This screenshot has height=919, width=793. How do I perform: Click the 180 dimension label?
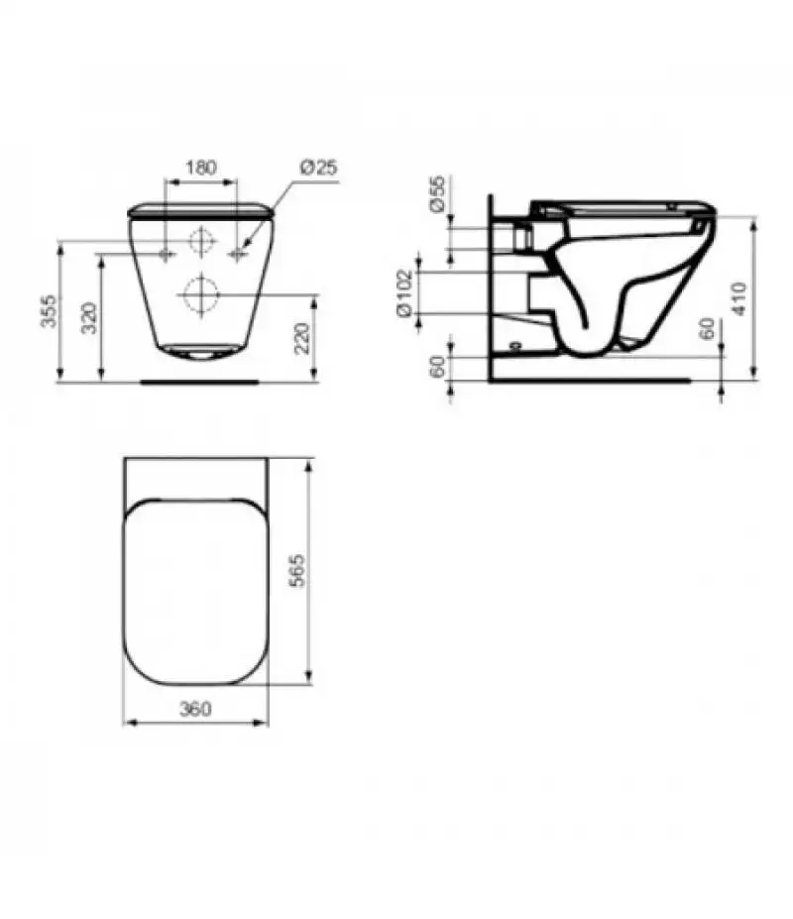pyautogui.click(x=201, y=167)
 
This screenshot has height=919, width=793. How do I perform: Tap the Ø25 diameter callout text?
pyautogui.click(x=318, y=168)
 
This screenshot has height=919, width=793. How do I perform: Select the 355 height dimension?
pyautogui.click(x=51, y=310)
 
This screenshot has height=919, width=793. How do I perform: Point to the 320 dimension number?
pyautogui.click(x=89, y=317)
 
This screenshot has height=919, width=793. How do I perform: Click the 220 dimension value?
pyautogui.click(x=301, y=338)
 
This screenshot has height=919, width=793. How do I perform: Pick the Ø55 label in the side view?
pyautogui.click(x=437, y=194)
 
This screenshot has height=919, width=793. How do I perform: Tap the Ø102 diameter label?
pyautogui.click(x=405, y=293)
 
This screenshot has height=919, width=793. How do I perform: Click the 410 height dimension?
pyautogui.click(x=739, y=299)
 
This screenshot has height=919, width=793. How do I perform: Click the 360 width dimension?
pyautogui.click(x=195, y=709)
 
